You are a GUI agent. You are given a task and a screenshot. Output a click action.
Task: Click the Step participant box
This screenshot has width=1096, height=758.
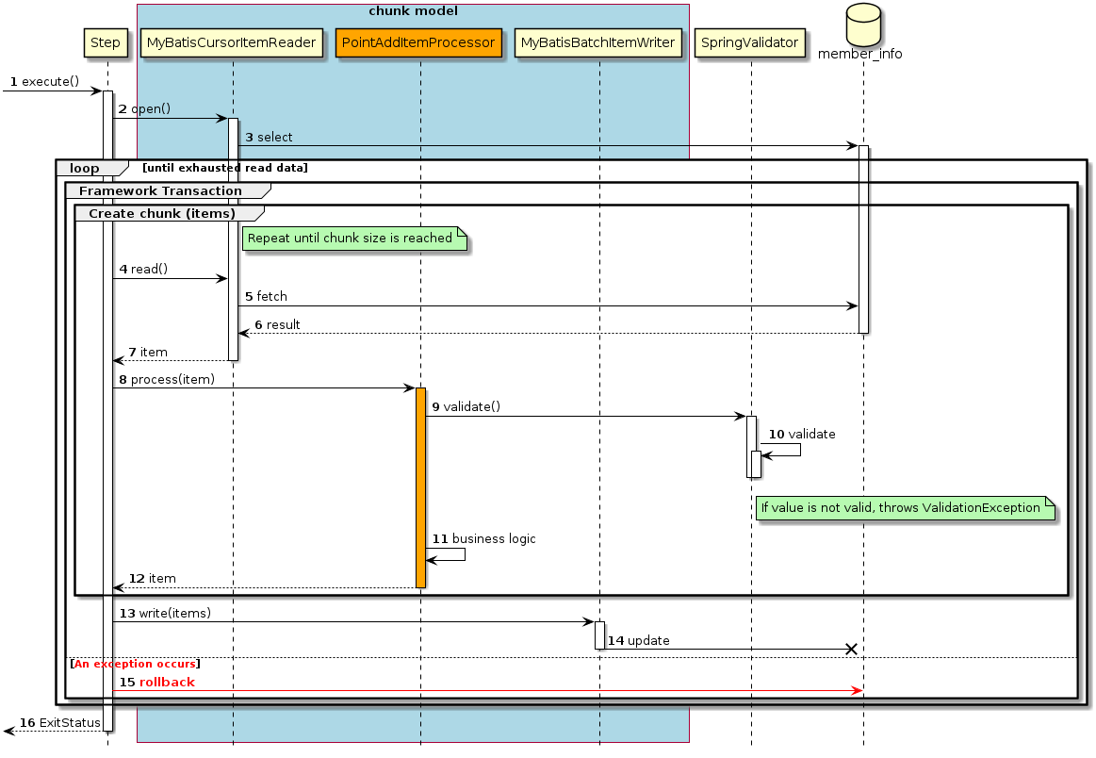pyautogui.click(x=106, y=42)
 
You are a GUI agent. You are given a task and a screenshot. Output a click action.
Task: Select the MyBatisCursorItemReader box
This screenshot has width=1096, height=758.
pyautogui.click(x=232, y=42)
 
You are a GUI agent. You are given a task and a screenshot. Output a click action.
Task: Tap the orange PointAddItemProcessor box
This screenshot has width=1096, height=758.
pyautogui.click(x=419, y=42)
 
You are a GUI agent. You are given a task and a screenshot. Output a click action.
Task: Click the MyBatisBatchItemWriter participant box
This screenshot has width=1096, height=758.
pyautogui.click(x=598, y=42)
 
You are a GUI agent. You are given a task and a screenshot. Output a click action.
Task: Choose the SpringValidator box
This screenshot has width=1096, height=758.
pyautogui.click(x=750, y=42)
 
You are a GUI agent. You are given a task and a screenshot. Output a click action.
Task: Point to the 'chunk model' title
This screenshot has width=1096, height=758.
pyautogui.click(x=413, y=10)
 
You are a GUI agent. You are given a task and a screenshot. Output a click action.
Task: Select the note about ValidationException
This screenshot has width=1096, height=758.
pyautogui.click(x=903, y=508)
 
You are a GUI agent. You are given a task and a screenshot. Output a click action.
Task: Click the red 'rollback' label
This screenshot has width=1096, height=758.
pyautogui.click(x=167, y=682)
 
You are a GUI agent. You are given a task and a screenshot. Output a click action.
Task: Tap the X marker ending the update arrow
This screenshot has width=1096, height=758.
pyautogui.click(x=852, y=649)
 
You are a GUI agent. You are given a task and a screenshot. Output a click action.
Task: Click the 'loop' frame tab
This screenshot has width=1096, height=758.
pyautogui.click(x=86, y=168)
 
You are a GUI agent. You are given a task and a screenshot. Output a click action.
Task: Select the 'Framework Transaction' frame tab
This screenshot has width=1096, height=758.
pyautogui.click(x=160, y=190)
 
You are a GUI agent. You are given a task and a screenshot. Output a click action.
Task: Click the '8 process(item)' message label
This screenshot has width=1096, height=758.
pyautogui.click(x=167, y=379)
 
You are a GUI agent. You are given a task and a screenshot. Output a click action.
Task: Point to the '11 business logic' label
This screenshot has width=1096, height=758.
pyautogui.click(x=483, y=538)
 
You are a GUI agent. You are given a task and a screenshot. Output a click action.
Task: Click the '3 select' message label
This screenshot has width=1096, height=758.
pyautogui.click(x=269, y=138)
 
